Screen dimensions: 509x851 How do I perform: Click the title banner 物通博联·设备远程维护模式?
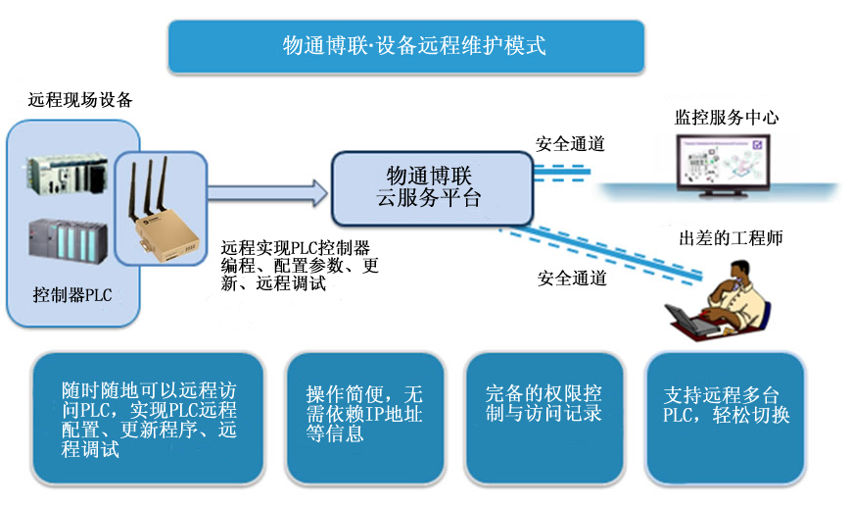pyautogui.click(x=406, y=46)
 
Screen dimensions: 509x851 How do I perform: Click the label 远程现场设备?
pyautogui.click(x=80, y=100)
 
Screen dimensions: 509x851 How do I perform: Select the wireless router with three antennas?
pyautogui.click(x=162, y=215)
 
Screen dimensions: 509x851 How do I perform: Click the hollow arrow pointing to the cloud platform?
pyautogui.click(x=265, y=191)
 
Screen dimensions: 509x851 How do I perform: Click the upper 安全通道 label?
pyautogui.click(x=570, y=144)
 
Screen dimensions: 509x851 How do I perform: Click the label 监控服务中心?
pyautogui.click(x=727, y=118)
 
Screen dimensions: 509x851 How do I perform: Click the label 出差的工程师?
pyautogui.click(x=731, y=238)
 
